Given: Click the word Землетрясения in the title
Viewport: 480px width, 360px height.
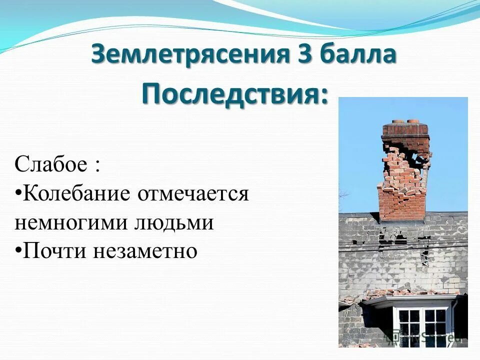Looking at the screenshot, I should pos(190,54).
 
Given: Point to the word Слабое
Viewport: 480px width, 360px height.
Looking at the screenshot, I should pos(50,164).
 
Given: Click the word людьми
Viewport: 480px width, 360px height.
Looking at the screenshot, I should pos(173,222).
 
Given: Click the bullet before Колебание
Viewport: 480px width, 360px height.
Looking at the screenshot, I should pos(18,193).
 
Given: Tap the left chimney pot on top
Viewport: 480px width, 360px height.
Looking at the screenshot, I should pos(398,121).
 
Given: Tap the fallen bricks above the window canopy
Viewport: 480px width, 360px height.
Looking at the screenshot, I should pos(410,292).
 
